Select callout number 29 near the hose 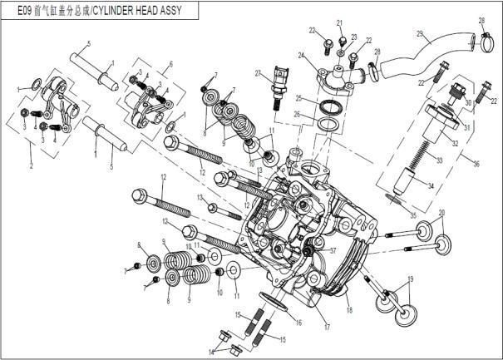coord(420,34)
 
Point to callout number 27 coord(259,73)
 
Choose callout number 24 coord(303,57)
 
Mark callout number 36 coord(476,165)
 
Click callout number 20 coord(441,213)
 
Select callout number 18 coord(349,310)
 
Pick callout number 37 coord(333,250)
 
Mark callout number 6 coord(170,64)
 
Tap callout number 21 coord(339,22)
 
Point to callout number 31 coord(466,127)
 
